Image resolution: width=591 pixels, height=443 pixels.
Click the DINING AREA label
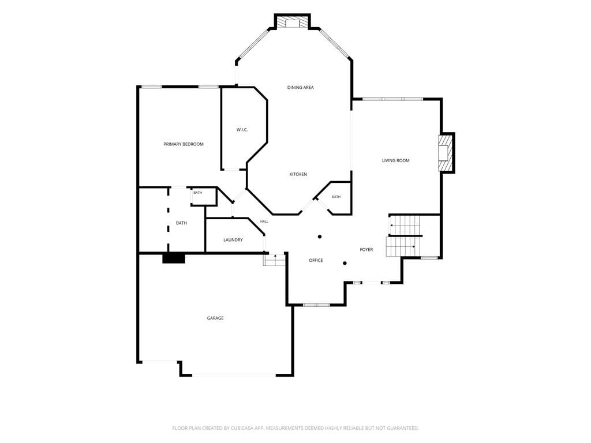click(300, 88)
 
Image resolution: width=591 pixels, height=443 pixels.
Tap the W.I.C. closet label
click(242, 130)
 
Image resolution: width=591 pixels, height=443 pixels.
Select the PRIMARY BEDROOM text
click(184, 144)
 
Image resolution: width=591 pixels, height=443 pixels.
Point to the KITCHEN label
click(298, 174)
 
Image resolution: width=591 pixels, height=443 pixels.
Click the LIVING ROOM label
click(396, 160)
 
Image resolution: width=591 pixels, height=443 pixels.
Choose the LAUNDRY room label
click(233, 240)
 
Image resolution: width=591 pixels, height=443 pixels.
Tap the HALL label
click(264, 221)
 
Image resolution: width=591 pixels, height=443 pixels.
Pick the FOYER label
click(366, 250)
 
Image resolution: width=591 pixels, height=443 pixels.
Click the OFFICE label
click(316, 260)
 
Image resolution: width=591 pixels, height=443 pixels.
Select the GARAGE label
click(215, 318)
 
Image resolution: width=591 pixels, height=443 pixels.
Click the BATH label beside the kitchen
click(336, 197)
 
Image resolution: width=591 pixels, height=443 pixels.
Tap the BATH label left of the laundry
click(181, 223)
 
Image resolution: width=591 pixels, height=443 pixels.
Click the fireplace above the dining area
click(292, 22)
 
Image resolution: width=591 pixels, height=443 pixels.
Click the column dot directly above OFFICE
click(320, 236)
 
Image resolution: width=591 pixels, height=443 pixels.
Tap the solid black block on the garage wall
click(174, 258)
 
